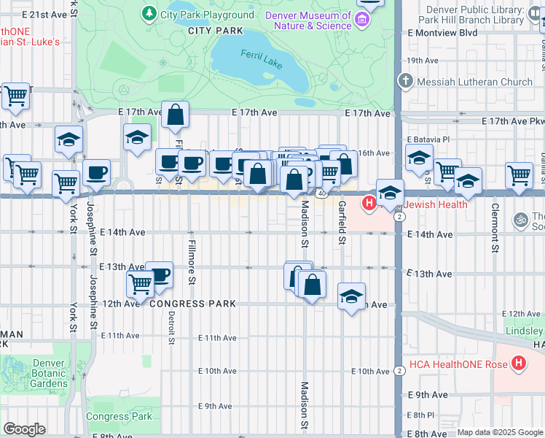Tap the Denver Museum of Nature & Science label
pyautogui.click(x=308, y=20)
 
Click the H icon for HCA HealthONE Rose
pyautogui.click(x=518, y=363)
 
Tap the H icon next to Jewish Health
pyautogui.click(x=369, y=203)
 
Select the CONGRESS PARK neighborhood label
pyautogui.click(x=192, y=304)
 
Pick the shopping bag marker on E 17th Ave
pyautogui.click(x=176, y=115)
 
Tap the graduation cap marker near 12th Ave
pyautogui.click(x=351, y=297)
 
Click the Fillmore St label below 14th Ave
pyautogui.click(x=192, y=261)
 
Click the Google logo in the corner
pyautogui.click(x=24, y=429)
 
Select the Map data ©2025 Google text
pyautogui.click(x=499, y=432)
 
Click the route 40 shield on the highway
pyautogui.click(x=321, y=193)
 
